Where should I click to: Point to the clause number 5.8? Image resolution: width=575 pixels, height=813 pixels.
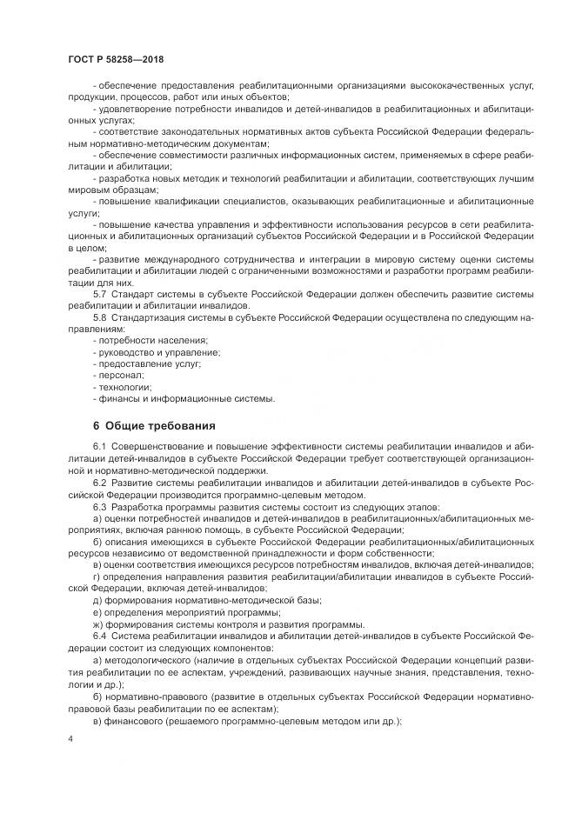pyautogui.click(x=99, y=319)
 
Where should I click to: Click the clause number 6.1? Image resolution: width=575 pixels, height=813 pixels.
pyautogui.click(x=99, y=447)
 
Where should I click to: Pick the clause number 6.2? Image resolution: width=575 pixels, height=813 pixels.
pyautogui.click(x=99, y=482)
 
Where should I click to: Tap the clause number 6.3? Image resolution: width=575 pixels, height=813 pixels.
pyautogui.click(x=99, y=506)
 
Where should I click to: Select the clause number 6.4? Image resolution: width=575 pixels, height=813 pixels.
pyautogui.click(x=99, y=636)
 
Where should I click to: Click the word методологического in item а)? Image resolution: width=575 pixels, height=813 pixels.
pyautogui.click(x=150, y=660)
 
